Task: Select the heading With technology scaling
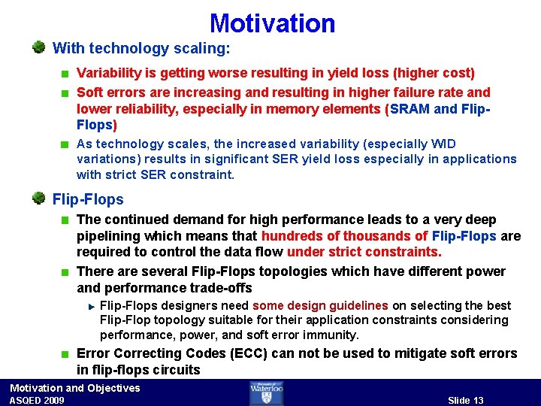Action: (141, 49)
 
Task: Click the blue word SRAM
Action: (410, 109)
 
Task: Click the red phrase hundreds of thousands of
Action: (344, 237)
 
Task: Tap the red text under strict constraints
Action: (364, 253)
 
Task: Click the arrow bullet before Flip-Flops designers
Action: (90, 306)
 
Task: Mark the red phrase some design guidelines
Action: (320, 305)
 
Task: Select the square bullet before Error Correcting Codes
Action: (66, 354)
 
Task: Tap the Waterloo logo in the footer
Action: (267, 392)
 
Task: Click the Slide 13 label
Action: (466, 400)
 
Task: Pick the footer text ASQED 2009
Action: (37, 400)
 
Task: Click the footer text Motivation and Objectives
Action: (74, 388)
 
